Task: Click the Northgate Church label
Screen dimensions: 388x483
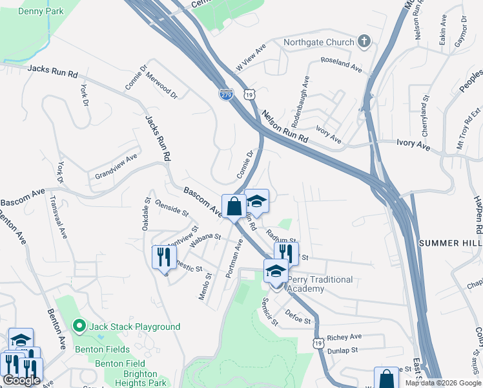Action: coord(319,43)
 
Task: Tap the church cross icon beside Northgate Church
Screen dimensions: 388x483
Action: coord(364,42)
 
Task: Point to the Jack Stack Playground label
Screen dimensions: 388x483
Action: coord(135,327)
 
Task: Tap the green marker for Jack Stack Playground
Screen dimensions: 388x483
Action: coord(80,326)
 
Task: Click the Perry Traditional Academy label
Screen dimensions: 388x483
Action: coord(320,284)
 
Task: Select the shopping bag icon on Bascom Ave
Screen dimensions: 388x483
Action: coord(234,207)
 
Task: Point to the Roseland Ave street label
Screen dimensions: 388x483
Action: coord(343,65)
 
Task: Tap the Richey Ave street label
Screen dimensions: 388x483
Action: coord(345,337)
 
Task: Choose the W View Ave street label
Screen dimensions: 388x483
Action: coord(251,58)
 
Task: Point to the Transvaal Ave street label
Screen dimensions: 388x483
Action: coord(59,217)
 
